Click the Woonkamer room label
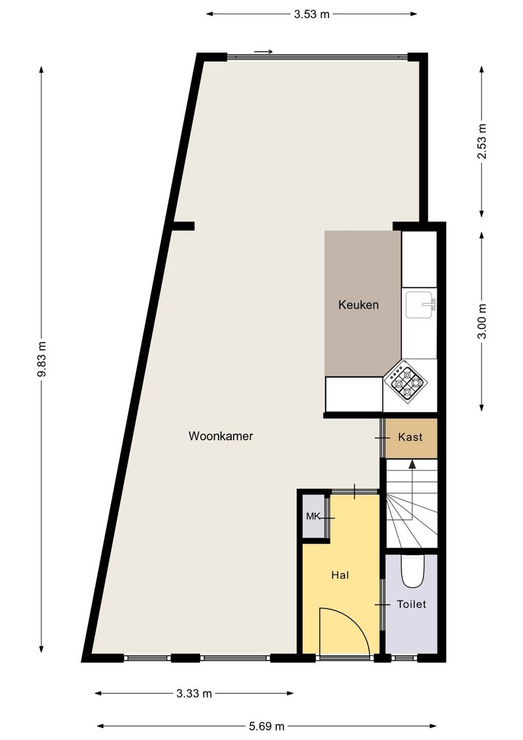coord(220,436)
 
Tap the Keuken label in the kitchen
coord(358,305)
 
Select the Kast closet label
coord(410,437)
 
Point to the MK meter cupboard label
coord(313,516)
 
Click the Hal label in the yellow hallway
coord(340,575)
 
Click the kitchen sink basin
coord(419,305)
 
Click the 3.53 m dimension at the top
coord(312,14)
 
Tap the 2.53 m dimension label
coord(482,141)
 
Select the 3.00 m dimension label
coord(482,321)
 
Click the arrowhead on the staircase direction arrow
coord(412,464)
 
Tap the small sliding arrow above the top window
coord(263,51)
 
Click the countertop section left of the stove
coord(354,395)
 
